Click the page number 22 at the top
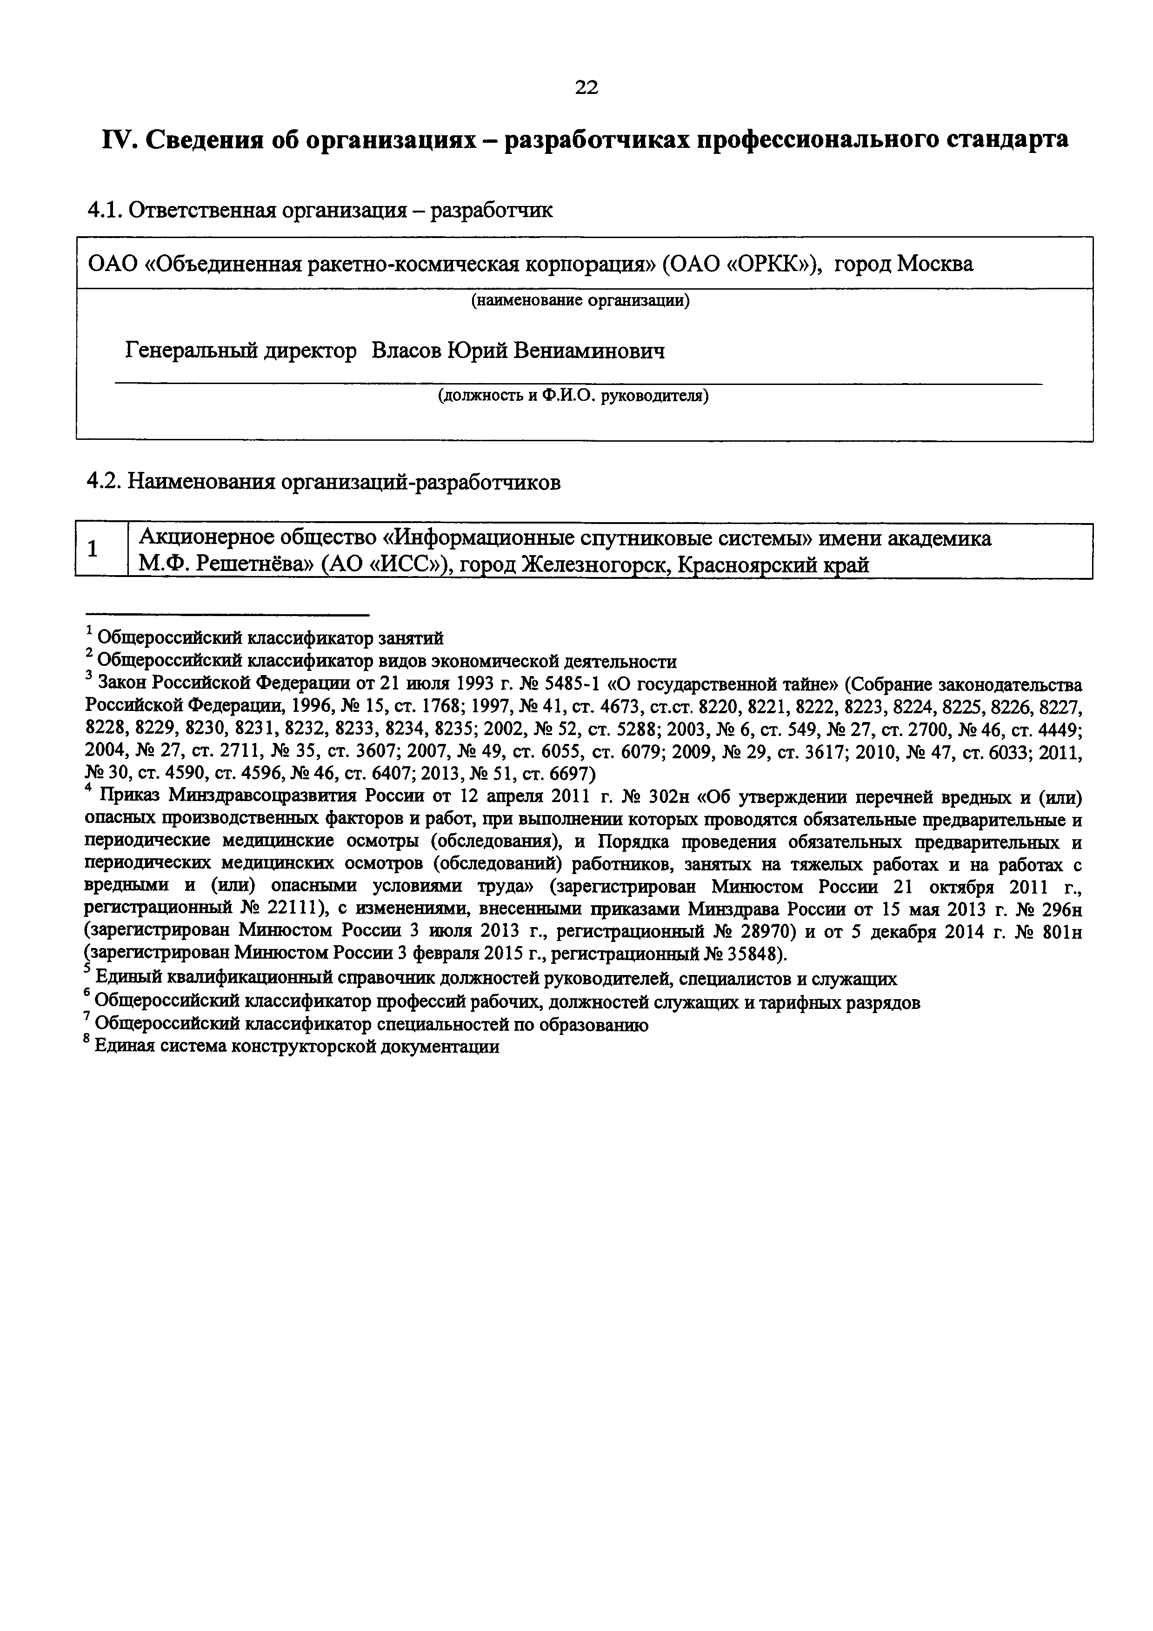tap(586, 87)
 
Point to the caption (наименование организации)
tap(581, 300)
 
